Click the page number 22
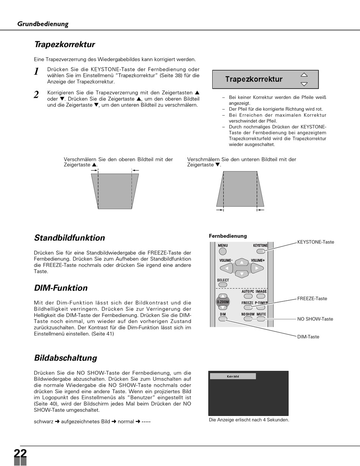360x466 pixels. pyautogui.click(x=20, y=453)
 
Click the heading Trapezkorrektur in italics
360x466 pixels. pyautogui.click(x=64, y=44)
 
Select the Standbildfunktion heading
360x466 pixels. pyautogui.click(x=69, y=238)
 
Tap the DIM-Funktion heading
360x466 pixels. pyautogui.click(x=61, y=288)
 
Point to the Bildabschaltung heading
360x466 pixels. pyautogui.click(x=66, y=358)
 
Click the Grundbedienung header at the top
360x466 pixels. pyautogui.click(x=43, y=24)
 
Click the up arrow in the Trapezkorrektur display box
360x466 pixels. pyautogui.click(x=304, y=75)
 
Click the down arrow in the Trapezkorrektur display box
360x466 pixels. pyautogui.click(x=304, y=84)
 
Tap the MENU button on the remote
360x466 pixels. pyautogui.click(x=223, y=251)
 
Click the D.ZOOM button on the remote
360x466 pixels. pyautogui.click(x=223, y=302)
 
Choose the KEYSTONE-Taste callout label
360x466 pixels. pyautogui.click(x=316, y=242)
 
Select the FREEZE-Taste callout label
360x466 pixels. pyautogui.click(x=312, y=299)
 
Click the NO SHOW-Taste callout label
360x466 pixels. pyautogui.click(x=315, y=319)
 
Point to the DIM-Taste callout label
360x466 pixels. pyautogui.click(x=308, y=337)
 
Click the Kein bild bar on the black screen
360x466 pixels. pyautogui.click(x=233, y=376)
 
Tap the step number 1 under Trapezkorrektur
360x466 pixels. pyautogui.click(x=36, y=72)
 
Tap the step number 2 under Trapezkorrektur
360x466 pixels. pyautogui.click(x=36, y=95)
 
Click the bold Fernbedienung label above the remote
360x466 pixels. pyautogui.click(x=228, y=236)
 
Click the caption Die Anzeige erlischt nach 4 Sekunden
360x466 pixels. pyautogui.click(x=249, y=420)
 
